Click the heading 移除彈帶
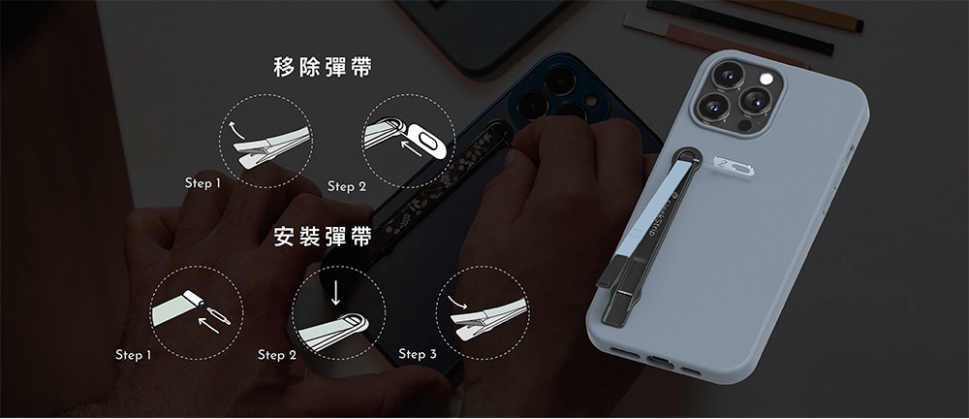pyautogui.click(x=323, y=68)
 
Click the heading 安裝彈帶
pyautogui.click(x=323, y=237)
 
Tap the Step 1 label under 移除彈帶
pyautogui.click(x=203, y=183)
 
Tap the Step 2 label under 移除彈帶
pyautogui.click(x=347, y=186)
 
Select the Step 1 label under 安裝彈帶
pyautogui.click(x=133, y=355)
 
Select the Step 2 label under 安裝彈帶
pyautogui.click(x=277, y=355)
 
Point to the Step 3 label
pyautogui.click(x=417, y=354)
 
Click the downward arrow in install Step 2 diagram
pyautogui.click(x=335, y=292)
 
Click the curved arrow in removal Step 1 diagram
pyautogui.click(x=236, y=129)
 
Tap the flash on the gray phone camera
pyautogui.click(x=766, y=79)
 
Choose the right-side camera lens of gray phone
pyautogui.click(x=755, y=99)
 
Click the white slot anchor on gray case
pyautogui.click(x=733, y=165)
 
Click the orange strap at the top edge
pyautogui.click(x=797, y=13)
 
